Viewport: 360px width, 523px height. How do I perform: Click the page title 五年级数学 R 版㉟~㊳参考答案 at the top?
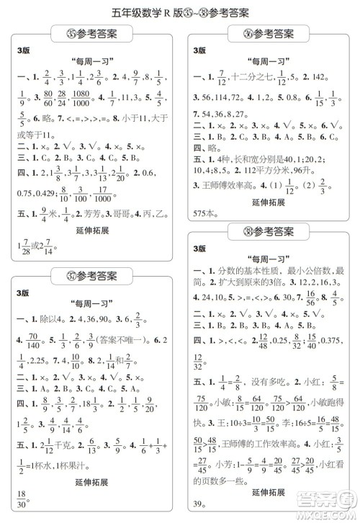click(180, 11)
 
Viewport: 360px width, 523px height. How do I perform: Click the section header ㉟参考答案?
click(90, 33)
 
